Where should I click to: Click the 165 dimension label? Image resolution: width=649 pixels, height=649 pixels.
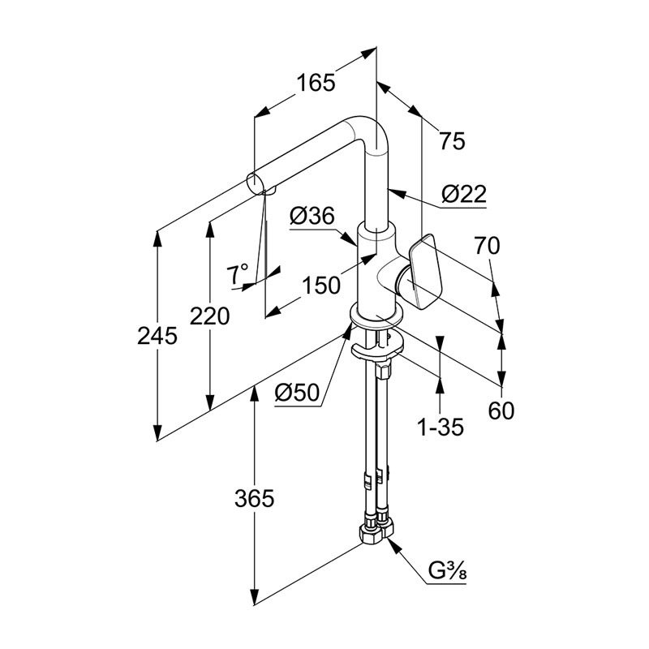click(x=316, y=83)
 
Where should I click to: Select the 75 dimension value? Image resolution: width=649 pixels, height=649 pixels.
click(x=452, y=140)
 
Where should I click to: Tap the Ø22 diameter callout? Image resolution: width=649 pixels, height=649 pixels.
click(x=463, y=193)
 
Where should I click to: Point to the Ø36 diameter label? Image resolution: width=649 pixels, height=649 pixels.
click(x=312, y=216)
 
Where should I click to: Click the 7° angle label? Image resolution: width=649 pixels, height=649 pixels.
click(x=237, y=273)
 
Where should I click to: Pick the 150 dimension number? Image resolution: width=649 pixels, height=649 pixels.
click(x=321, y=286)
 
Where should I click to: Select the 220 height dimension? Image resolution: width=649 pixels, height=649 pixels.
click(x=209, y=316)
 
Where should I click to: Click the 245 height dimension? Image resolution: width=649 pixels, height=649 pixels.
click(x=157, y=336)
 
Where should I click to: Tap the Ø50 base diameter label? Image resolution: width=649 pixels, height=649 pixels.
click(x=298, y=393)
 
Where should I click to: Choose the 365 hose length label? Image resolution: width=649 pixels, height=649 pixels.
click(x=254, y=498)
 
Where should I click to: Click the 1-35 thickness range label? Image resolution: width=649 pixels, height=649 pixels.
click(x=441, y=428)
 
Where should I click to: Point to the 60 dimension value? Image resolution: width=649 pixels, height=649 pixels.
click(x=501, y=410)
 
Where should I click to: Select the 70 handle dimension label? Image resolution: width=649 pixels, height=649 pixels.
click(x=488, y=246)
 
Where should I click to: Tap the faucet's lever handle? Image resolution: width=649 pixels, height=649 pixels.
click(x=425, y=272)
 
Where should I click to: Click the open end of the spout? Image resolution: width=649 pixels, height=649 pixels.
click(x=255, y=184)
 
